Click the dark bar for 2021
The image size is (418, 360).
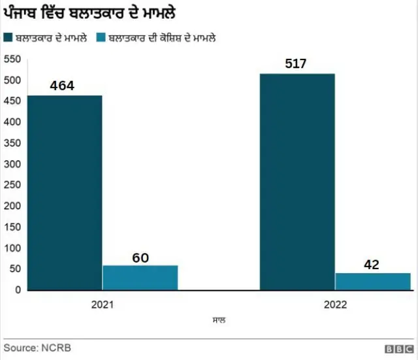tap(65, 193)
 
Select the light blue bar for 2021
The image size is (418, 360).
tap(140, 278)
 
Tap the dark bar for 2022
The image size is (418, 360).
tap(297, 182)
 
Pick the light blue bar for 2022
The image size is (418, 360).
tap(372, 282)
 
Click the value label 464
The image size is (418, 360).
tap(62, 86)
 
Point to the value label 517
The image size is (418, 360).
tap(295, 63)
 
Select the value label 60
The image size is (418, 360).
tap(140, 257)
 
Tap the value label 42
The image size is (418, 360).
tap(372, 265)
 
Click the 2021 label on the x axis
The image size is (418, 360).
tap(103, 305)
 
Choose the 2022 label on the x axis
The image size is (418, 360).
tap(334, 305)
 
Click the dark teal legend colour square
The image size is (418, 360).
tap(8, 38)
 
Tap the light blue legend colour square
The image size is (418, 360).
tap(101, 38)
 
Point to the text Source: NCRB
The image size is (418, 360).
tap(37, 348)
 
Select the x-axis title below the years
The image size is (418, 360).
tap(218, 321)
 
